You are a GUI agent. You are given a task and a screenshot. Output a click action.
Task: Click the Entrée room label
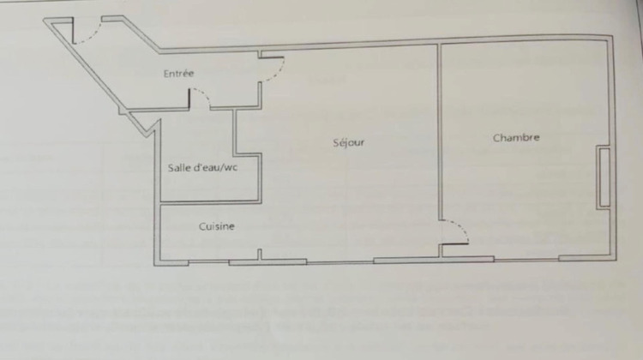(x=178, y=74)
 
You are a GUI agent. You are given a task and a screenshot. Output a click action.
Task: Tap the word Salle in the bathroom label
(x=180, y=167)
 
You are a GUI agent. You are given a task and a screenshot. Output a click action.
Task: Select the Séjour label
(x=349, y=142)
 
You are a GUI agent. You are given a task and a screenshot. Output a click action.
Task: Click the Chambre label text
(x=516, y=137)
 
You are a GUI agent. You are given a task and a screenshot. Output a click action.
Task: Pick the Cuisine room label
(x=217, y=226)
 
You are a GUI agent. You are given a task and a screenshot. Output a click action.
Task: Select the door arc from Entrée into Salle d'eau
(x=200, y=99)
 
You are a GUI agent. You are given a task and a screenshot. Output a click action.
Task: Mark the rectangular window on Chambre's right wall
(x=604, y=177)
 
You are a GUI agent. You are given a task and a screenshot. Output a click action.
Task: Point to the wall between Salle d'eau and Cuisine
(x=210, y=202)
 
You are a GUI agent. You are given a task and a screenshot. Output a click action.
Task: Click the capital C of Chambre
(x=496, y=137)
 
